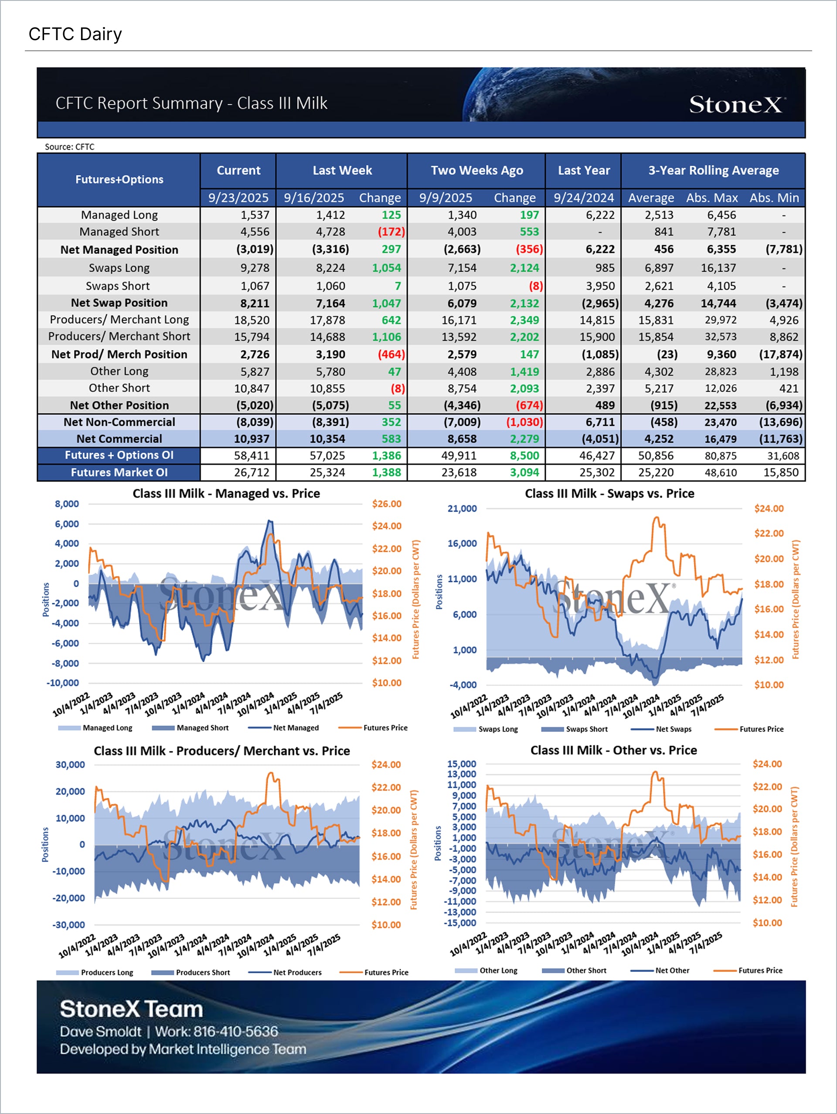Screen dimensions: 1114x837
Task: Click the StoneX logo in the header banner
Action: tap(736, 104)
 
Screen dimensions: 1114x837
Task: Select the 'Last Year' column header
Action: tap(583, 170)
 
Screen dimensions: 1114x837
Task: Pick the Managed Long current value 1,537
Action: tap(255, 215)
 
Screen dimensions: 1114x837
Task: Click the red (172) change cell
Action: tap(391, 232)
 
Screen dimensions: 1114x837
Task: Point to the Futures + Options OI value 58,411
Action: tap(252, 456)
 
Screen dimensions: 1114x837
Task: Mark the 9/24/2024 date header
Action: tap(583, 198)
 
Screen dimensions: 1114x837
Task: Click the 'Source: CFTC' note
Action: tap(69, 147)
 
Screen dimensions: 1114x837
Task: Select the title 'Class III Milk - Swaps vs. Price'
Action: tap(609, 494)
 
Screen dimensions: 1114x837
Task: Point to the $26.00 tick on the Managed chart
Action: tap(387, 504)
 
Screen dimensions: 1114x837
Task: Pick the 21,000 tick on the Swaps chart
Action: tap(462, 509)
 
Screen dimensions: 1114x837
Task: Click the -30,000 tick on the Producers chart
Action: tap(68, 925)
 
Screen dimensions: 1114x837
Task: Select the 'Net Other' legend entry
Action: tap(672, 970)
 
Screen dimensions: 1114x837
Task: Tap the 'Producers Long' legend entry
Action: tap(107, 973)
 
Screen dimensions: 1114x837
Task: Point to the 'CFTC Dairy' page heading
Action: tap(75, 34)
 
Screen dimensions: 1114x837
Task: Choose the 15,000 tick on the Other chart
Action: tap(461, 764)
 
